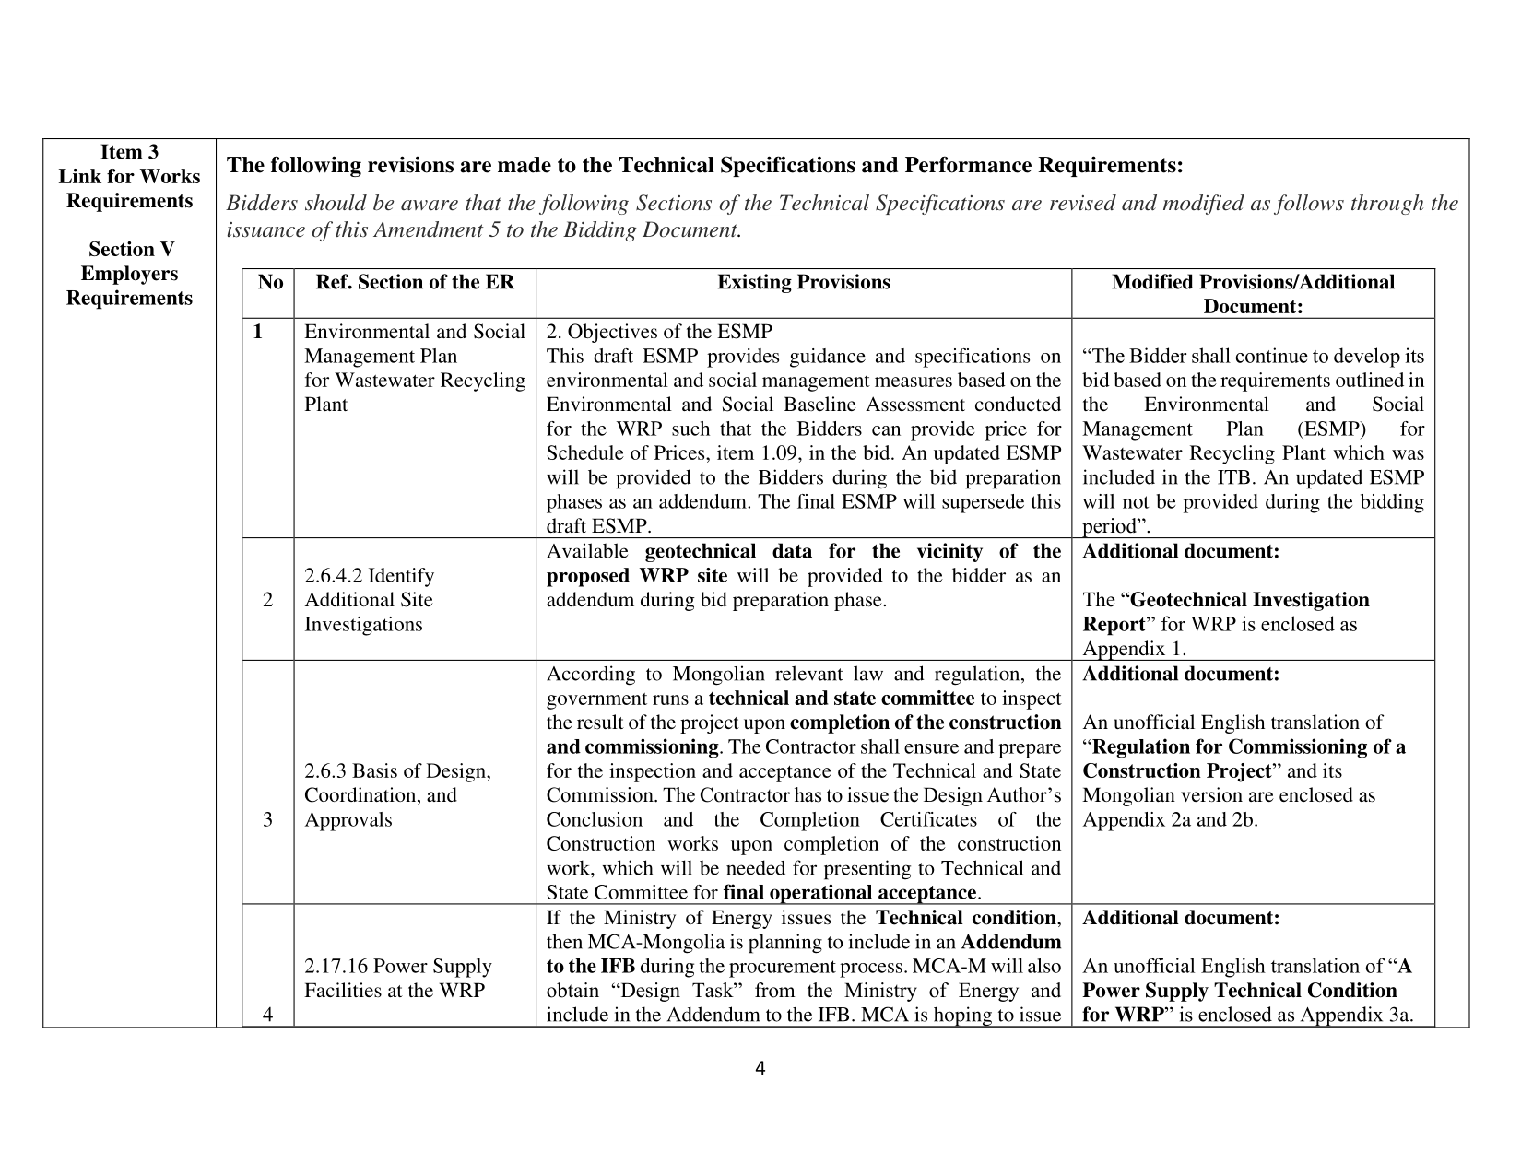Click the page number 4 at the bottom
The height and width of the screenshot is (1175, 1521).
click(760, 1069)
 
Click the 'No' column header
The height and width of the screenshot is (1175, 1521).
click(269, 283)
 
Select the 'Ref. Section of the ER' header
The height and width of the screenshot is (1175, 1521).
click(415, 283)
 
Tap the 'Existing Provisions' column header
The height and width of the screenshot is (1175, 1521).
click(803, 283)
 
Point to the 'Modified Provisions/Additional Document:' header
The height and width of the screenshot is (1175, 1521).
click(1253, 294)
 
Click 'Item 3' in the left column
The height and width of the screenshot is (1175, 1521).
click(129, 153)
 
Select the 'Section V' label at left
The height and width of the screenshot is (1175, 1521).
click(131, 250)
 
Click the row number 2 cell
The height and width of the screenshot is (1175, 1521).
click(267, 600)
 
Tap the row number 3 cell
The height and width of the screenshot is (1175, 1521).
click(267, 819)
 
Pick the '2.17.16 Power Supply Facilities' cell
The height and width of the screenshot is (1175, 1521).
click(397, 979)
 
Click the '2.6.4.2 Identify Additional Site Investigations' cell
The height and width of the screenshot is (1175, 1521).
click(369, 600)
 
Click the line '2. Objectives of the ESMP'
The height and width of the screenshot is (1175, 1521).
click(659, 332)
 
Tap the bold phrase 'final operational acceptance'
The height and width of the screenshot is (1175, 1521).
click(849, 892)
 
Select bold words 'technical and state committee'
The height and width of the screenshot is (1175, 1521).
click(841, 699)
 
